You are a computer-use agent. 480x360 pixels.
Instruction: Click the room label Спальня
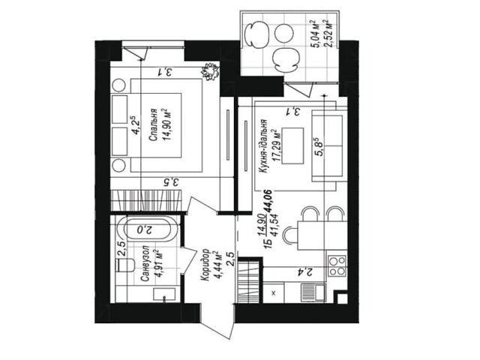153,124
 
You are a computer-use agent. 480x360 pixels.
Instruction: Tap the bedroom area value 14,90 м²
167,124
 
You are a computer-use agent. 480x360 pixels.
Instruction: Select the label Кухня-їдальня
264,147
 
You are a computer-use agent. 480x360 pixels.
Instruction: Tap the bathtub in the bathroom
147,229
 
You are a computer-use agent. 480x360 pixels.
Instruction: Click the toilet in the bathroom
125,265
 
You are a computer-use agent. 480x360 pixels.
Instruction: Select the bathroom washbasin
164,295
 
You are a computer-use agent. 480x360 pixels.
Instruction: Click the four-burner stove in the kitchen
337,265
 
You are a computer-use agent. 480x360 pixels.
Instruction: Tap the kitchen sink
313,292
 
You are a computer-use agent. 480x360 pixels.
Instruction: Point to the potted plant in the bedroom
210,72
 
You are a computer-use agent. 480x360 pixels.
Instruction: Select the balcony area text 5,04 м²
315,34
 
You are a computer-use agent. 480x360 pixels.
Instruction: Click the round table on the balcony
284,34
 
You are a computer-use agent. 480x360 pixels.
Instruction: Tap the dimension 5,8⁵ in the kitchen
319,147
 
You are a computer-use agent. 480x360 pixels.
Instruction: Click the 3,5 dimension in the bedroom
170,183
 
